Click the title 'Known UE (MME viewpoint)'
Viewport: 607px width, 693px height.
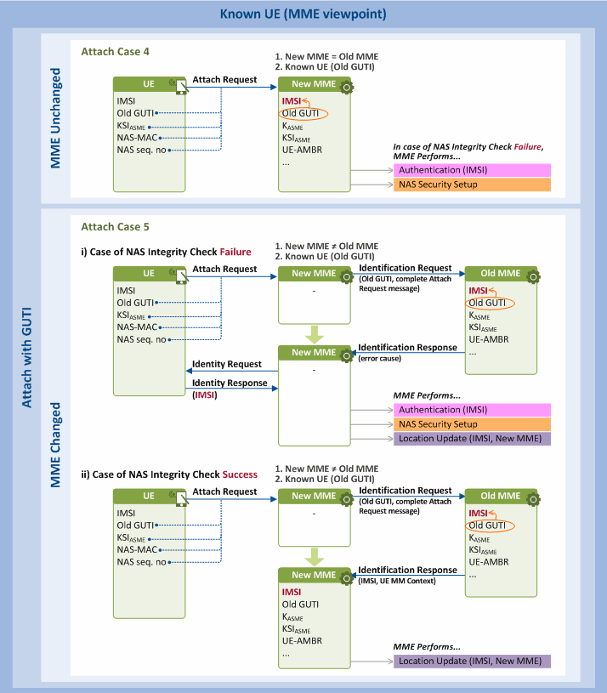(x=303, y=14)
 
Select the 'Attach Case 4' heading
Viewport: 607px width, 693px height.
(x=116, y=52)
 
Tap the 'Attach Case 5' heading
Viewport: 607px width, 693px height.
(x=116, y=227)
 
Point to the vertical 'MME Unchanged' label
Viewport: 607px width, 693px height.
(x=55, y=118)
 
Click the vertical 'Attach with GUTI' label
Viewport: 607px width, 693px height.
(x=27, y=357)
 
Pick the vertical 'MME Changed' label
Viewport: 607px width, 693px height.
(x=55, y=445)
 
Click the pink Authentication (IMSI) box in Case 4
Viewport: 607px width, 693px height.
(x=472, y=170)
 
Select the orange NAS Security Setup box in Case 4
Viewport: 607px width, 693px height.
(x=472, y=185)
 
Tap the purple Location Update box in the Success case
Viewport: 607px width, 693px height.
(x=472, y=662)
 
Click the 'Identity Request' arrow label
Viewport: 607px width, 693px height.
(x=227, y=364)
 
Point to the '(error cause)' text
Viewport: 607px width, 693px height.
(x=380, y=359)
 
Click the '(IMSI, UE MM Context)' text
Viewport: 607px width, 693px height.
(x=397, y=581)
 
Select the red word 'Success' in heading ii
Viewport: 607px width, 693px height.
(x=240, y=474)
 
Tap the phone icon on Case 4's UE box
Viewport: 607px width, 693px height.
(x=181, y=87)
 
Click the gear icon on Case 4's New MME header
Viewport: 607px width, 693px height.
(x=347, y=87)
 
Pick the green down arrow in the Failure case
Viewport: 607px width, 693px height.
(x=315, y=334)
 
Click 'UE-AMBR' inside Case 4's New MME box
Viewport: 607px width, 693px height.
(x=302, y=150)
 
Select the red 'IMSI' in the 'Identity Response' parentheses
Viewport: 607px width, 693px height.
(x=205, y=395)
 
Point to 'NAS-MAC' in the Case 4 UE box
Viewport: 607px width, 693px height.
(x=137, y=138)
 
